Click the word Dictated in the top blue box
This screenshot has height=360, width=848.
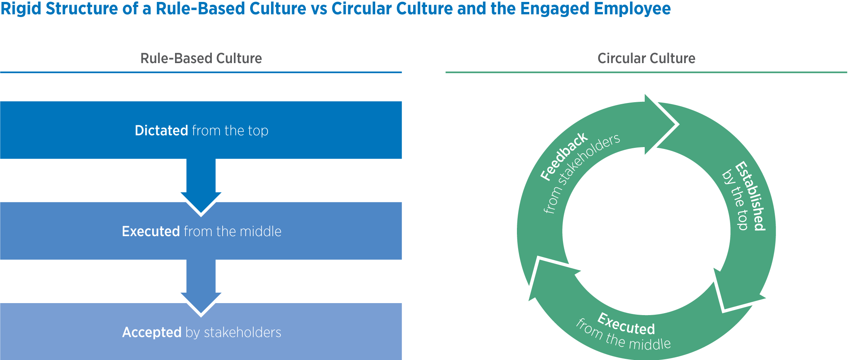point(161,130)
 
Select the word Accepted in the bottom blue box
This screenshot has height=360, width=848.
point(152,332)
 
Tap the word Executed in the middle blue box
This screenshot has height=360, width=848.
point(151,231)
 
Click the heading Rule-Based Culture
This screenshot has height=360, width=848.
point(201,58)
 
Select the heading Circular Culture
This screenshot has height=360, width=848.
point(646,58)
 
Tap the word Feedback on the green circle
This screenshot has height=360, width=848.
point(563,156)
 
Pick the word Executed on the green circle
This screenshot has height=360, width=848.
point(626,324)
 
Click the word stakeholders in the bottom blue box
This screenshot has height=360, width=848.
point(242,332)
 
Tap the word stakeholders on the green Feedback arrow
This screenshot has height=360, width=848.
point(589,159)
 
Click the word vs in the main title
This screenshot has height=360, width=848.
point(319,9)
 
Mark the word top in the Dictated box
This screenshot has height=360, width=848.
point(258,131)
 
